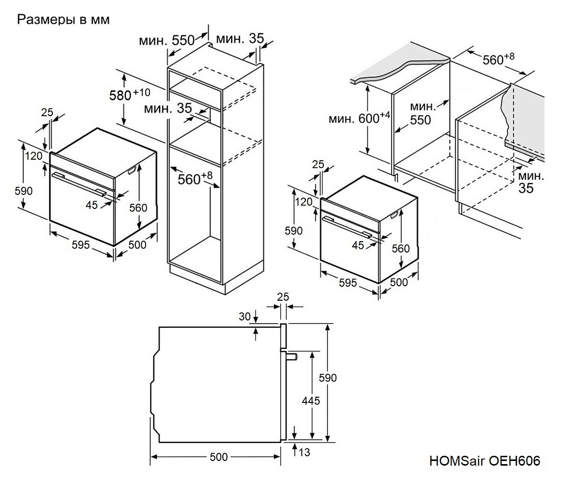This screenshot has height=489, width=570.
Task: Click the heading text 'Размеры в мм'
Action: (x=64, y=20)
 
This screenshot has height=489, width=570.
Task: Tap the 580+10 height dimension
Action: (x=130, y=94)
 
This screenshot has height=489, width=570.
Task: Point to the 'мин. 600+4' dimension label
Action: (x=359, y=118)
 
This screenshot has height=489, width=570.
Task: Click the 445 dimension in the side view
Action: (x=310, y=400)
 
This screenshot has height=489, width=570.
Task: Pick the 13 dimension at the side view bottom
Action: (x=304, y=453)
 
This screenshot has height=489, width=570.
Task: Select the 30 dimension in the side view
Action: (x=245, y=316)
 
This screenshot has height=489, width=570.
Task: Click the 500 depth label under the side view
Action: (x=218, y=457)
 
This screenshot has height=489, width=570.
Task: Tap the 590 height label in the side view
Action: (x=327, y=378)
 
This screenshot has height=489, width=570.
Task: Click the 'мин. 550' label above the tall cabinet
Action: (x=166, y=40)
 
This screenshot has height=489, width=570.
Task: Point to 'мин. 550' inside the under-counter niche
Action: (x=421, y=114)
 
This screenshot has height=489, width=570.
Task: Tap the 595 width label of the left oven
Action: (x=80, y=244)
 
